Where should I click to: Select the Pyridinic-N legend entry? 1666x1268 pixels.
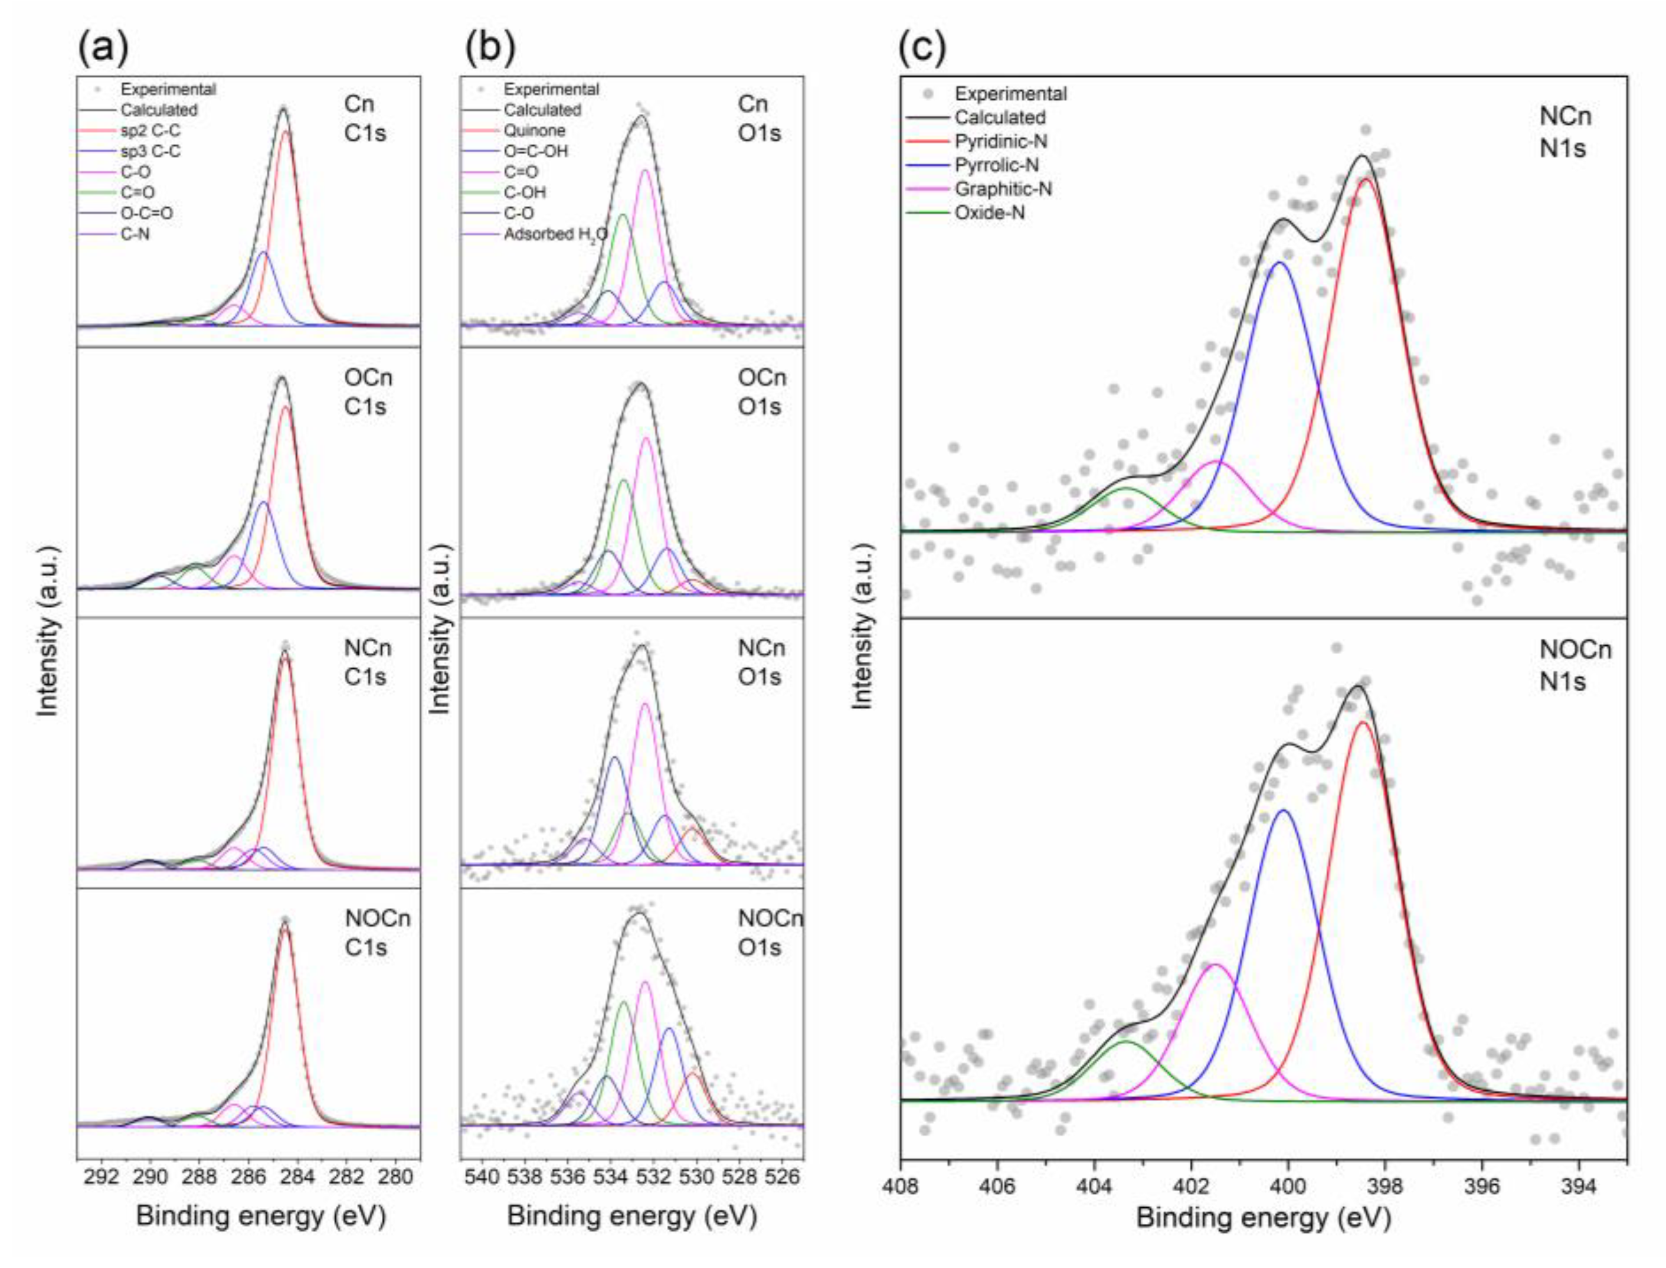tap(1000, 141)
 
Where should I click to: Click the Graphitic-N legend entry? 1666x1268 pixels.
tap(1003, 189)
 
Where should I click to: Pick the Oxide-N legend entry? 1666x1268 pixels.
tap(989, 213)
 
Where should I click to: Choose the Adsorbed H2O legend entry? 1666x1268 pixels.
tap(555, 235)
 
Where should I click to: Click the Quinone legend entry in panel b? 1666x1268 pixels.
tap(534, 130)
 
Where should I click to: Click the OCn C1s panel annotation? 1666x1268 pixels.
tap(368, 392)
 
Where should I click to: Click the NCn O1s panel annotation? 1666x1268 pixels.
tap(761, 662)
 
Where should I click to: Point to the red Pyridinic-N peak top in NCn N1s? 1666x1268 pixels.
tap(1365, 179)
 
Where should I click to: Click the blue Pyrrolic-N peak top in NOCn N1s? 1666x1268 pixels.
tap(1284, 811)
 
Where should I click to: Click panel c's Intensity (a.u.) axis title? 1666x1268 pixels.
tap(861, 626)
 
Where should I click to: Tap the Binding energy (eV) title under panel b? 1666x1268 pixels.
tap(631, 1217)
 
